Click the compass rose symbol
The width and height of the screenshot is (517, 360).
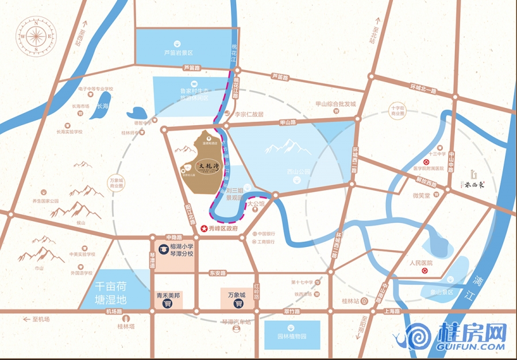[x=36, y=36]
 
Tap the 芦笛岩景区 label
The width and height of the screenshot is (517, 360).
[x=178, y=52]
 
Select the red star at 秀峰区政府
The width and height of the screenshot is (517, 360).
[x=204, y=229]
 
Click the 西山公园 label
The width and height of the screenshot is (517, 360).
[x=298, y=171]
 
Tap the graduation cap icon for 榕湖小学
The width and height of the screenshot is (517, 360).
[x=163, y=249]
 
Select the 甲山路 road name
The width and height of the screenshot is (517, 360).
[x=287, y=122]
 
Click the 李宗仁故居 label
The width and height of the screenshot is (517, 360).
[x=248, y=114]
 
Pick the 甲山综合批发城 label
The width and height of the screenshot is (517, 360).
[x=335, y=104]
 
